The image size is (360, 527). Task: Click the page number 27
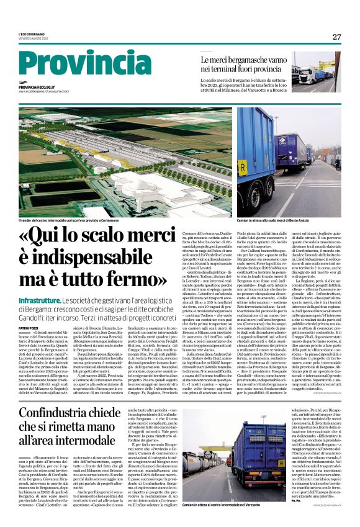[336, 37]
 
